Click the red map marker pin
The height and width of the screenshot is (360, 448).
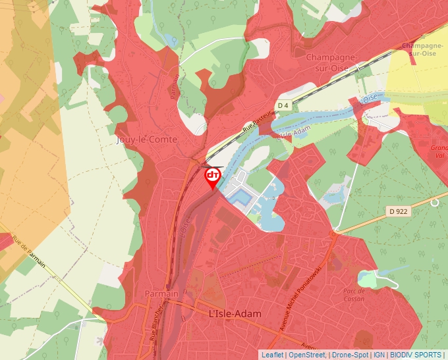pyautogui.click(x=213, y=177)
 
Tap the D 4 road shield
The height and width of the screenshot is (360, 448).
pyautogui.click(x=283, y=105)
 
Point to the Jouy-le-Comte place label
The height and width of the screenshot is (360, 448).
pyautogui.click(x=146, y=140)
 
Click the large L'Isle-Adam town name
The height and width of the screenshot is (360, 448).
pyautogui.click(x=235, y=315)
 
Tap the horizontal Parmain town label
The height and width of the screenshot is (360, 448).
pyautogui.click(x=161, y=294)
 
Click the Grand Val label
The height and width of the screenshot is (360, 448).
pyautogui.click(x=439, y=152)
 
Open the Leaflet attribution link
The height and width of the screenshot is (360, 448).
pyautogui.click(x=272, y=355)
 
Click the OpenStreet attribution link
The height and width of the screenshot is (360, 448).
pyautogui.click(x=306, y=355)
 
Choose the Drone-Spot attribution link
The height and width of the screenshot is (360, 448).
pyautogui.click(x=349, y=355)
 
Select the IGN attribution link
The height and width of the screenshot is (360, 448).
pyautogui.click(x=379, y=355)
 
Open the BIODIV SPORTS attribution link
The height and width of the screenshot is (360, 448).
pyautogui.click(x=416, y=355)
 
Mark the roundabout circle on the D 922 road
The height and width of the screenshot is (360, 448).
pyautogui.click(x=434, y=203)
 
